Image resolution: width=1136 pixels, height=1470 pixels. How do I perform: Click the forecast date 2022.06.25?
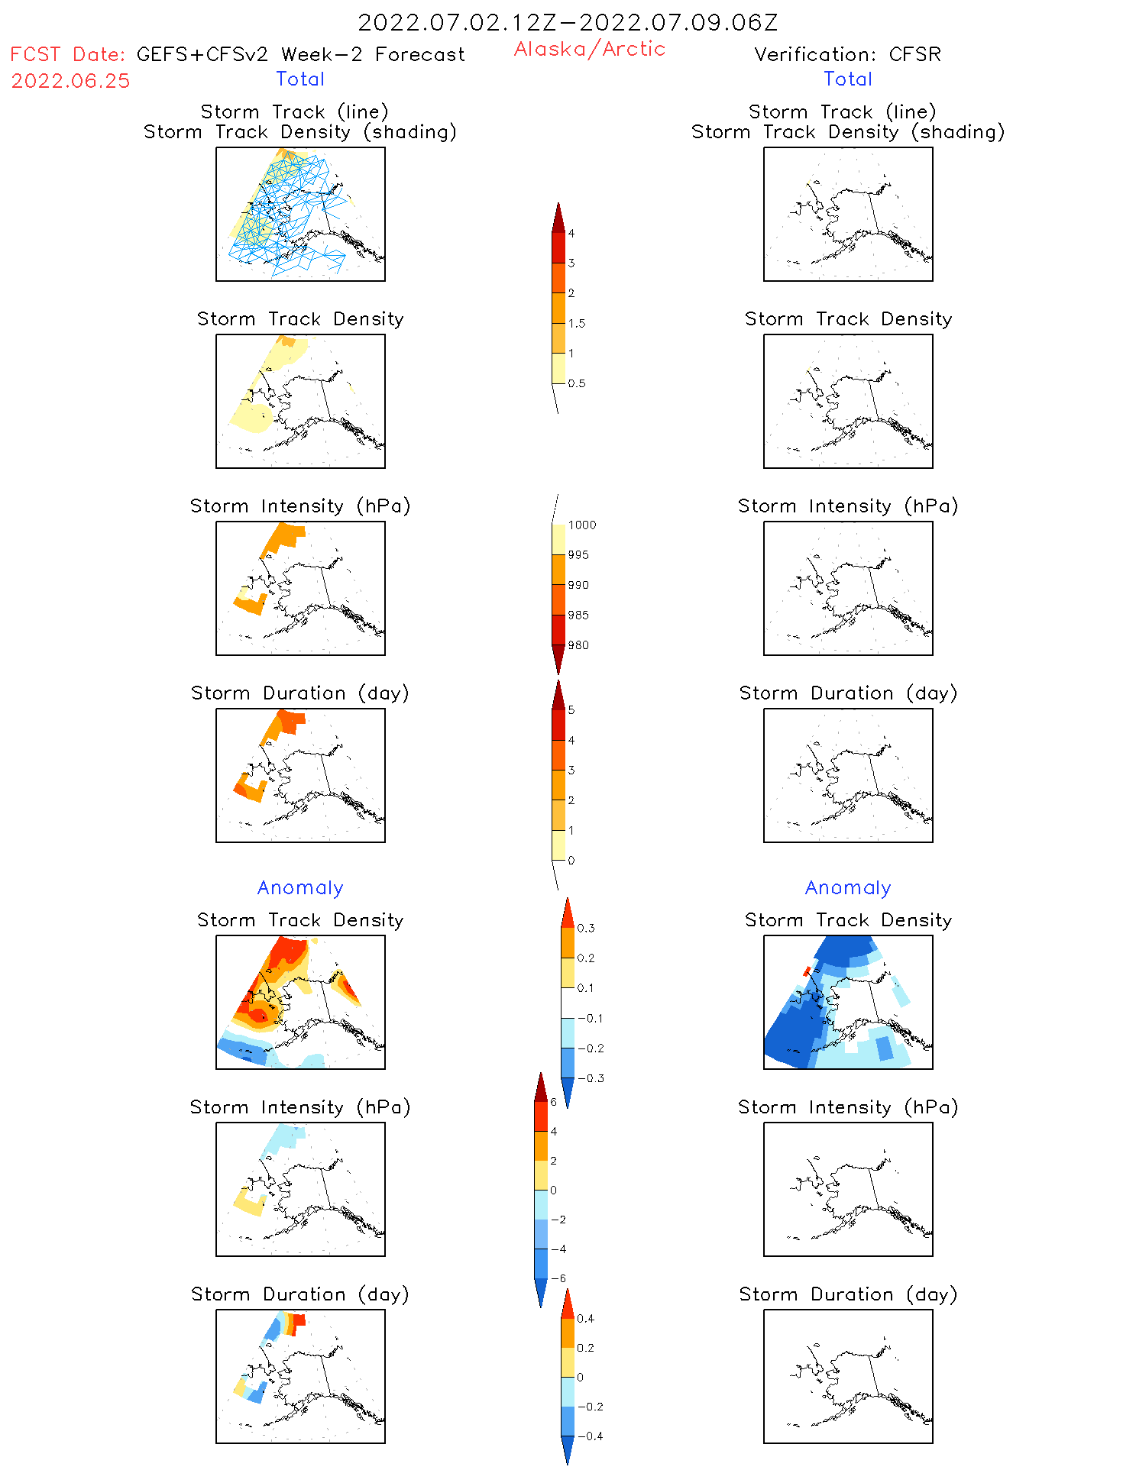pyautogui.click(x=70, y=81)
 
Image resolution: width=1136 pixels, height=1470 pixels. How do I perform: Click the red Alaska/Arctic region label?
pyautogui.click(x=589, y=49)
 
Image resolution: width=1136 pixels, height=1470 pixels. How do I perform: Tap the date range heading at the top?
pyautogui.click(x=568, y=22)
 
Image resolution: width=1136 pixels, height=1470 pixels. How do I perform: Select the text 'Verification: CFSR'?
pyautogui.click(x=847, y=54)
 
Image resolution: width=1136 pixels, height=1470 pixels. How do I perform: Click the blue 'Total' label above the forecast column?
pyautogui.click(x=300, y=79)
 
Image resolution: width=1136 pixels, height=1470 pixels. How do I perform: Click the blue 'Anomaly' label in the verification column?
pyautogui.click(x=848, y=887)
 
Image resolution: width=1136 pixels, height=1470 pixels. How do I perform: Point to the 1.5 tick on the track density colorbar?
pyautogui.click(x=576, y=323)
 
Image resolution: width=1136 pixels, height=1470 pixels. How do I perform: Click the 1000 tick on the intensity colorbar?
pyautogui.click(x=581, y=525)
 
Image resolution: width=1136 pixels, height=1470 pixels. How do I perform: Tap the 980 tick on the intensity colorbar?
pyautogui.click(x=578, y=645)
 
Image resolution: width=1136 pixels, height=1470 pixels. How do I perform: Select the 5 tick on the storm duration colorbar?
pyautogui.click(x=571, y=710)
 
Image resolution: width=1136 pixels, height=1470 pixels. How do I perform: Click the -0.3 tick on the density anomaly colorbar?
pyautogui.click(x=591, y=1078)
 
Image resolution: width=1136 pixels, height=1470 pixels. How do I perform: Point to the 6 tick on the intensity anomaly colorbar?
pyautogui.click(x=554, y=1102)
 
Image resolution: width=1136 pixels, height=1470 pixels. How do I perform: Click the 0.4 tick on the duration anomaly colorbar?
pyautogui.click(x=585, y=1318)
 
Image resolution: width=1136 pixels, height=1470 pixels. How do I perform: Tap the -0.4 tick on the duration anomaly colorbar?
pyautogui.click(x=590, y=1436)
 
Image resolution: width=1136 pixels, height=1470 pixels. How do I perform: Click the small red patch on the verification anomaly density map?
pyautogui.click(x=806, y=971)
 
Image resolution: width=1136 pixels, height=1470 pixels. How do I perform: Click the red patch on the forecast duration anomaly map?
pyautogui.click(x=299, y=1320)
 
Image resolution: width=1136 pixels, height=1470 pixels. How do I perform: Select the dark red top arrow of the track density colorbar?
pyautogui.click(x=558, y=217)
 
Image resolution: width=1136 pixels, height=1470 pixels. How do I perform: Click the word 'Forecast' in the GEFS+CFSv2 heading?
pyautogui.click(x=419, y=54)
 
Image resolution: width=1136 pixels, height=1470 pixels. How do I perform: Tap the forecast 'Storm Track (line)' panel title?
pyautogui.click(x=294, y=111)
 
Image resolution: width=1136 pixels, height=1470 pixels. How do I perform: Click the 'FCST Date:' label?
pyautogui.click(x=67, y=54)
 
